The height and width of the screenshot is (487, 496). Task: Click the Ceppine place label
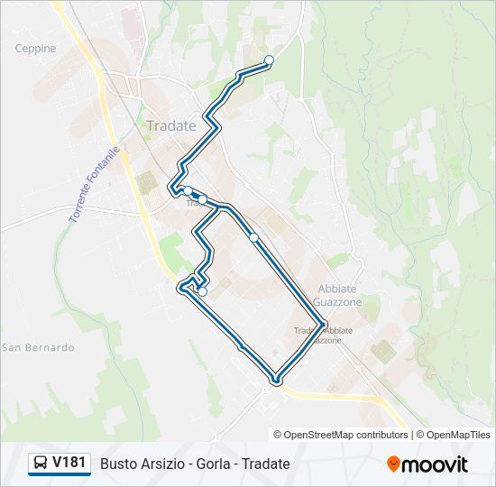click(x=35, y=49)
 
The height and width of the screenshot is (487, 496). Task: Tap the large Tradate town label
click(x=170, y=126)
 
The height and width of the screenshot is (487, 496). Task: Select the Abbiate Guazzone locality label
click(x=338, y=296)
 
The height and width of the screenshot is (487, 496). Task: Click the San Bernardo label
click(x=38, y=347)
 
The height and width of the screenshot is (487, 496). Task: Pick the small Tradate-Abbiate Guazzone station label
click(x=323, y=335)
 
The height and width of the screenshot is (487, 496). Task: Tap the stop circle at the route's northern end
click(x=269, y=60)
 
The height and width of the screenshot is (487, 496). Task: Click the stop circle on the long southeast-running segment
click(x=254, y=238)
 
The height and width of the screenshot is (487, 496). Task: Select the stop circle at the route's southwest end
click(x=203, y=291)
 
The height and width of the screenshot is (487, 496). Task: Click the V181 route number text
click(x=69, y=464)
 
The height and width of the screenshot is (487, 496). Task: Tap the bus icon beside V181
click(x=41, y=464)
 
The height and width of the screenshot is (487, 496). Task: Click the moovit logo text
click(x=436, y=464)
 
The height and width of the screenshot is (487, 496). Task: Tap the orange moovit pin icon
click(x=393, y=464)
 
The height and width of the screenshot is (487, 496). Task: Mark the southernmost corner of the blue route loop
click(x=277, y=381)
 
